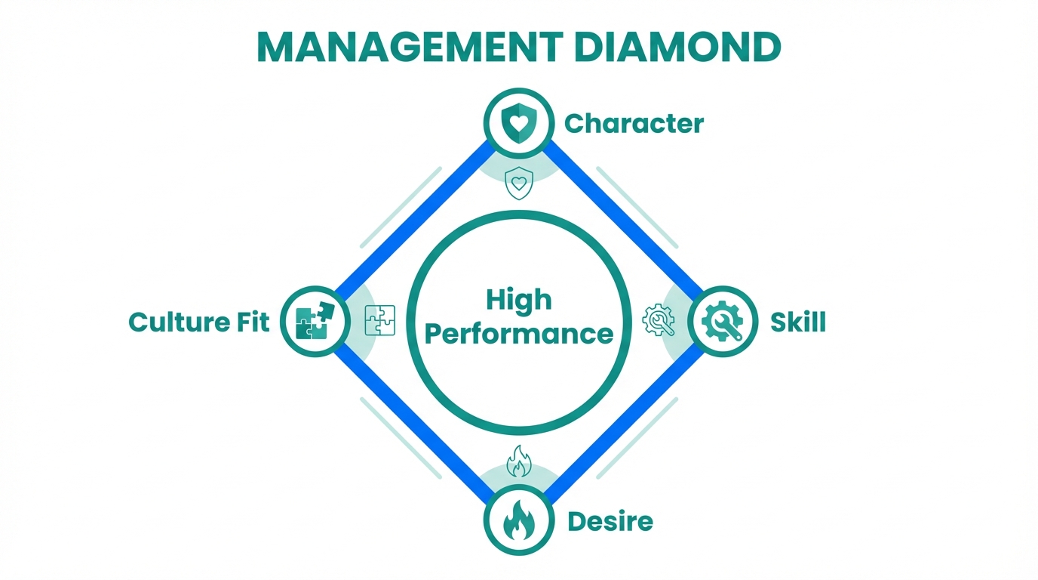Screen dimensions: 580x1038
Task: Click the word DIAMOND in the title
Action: click(677, 47)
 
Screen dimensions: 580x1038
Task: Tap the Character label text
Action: click(634, 123)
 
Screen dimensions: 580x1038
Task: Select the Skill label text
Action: click(798, 322)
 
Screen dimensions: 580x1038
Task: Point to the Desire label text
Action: click(610, 520)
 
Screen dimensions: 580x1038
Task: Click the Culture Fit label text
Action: click(199, 322)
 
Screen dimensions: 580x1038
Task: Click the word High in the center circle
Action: click(519, 300)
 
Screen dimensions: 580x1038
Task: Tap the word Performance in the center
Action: click(519, 333)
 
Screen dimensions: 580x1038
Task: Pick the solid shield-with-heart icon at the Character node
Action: click(518, 123)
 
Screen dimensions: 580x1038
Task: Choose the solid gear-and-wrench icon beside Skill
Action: click(722, 322)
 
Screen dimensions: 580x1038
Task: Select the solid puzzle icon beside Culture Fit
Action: click(315, 322)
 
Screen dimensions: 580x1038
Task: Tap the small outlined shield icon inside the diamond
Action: click(518, 184)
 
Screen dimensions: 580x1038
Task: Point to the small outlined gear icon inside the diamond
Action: click(658, 320)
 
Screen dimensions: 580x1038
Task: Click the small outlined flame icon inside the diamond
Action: click(518, 461)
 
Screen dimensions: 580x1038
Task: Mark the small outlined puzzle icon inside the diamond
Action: click(379, 320)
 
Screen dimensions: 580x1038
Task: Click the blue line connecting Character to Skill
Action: click(625, 219)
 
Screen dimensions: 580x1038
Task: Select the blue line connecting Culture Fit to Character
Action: click(412, 219)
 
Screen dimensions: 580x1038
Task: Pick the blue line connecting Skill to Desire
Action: click(625, 426)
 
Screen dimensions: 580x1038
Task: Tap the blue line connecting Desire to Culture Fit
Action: click(412, 426)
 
